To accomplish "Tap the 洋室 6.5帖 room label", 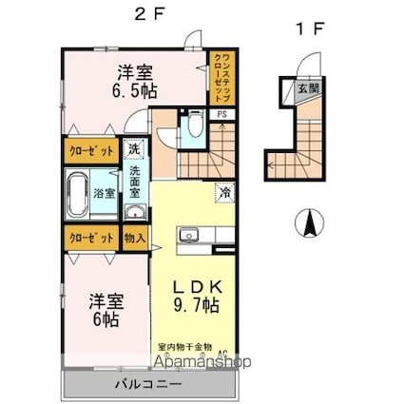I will pyautogui.click(x=137, y=80).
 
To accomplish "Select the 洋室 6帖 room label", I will pyautogui.click(x=105, y=310).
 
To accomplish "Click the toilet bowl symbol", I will pyautogui.click(x=194, y=125).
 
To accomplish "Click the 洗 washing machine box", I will pyautogui.click(x=134, y=150).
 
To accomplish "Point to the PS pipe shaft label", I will pyautogui.click(x=221, y=115).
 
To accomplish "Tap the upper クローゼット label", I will pyautogui.click(x=90, y=150).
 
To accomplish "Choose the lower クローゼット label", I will pyautogui.click(x=90, y=238).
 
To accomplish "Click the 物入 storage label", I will pyautogui.click(x=135, y=238).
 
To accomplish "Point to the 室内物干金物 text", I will pyautogui.click(x=184, y=348).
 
